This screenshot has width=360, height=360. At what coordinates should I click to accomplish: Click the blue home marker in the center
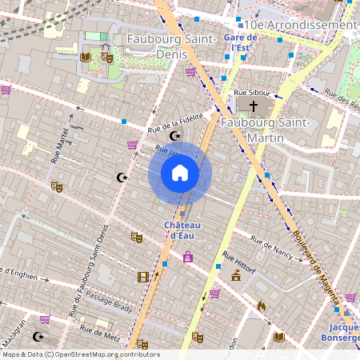pyautogui.click(x=180, y=173)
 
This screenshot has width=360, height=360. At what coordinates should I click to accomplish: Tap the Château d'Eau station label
pyautogui.click(x=182, y=230)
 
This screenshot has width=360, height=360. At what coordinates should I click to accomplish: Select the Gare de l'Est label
pyautogui.click(x=238, y=42)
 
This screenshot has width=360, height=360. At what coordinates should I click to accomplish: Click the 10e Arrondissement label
pyautogui.click(x=302, y=25)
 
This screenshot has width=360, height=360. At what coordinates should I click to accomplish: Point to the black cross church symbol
pyautogui.click(x=254, y=106)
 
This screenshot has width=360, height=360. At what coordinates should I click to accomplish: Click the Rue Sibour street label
pyautogui.click(x=251, y=93)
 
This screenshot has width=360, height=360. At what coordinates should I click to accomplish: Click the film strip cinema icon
pyautogui.click(x=142, y=277)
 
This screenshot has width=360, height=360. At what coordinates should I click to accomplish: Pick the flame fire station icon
pyautogui.click(x=261, y=306)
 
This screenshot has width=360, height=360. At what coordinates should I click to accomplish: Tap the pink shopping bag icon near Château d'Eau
pyautogui.click(x=188, y=257)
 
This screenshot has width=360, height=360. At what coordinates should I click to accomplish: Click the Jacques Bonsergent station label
pyautogui.click(x=344, y=334)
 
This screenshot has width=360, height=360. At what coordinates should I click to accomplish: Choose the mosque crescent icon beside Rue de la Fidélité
pyautogui.click(x=174, y=137)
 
